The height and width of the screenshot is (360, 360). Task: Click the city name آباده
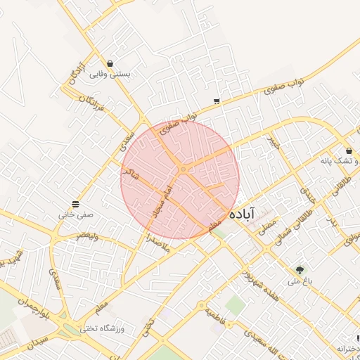point(250,212)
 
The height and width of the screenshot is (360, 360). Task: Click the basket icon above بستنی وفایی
point(110,62)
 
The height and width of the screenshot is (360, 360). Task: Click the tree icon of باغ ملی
point(300,269)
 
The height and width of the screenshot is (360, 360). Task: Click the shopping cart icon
point(216,101)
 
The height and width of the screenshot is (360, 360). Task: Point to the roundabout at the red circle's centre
point(182,169)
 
